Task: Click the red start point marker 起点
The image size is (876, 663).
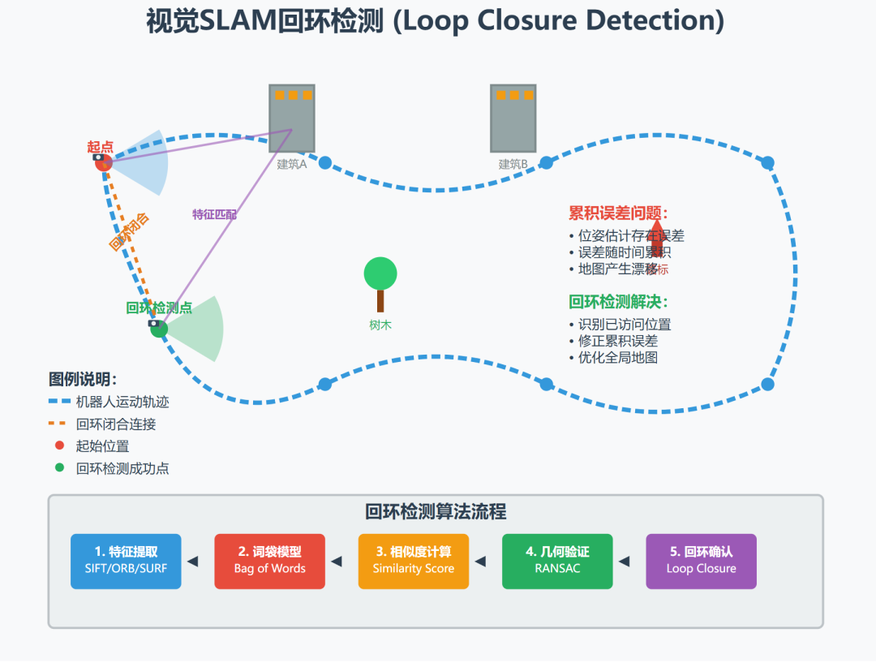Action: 103,163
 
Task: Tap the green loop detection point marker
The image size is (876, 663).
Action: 159,329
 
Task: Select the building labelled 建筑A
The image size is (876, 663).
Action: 292,118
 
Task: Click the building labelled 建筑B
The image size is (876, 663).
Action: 513,118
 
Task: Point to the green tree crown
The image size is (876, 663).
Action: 380,273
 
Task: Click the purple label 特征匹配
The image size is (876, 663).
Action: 214,214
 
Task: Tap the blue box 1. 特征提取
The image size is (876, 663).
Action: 126,561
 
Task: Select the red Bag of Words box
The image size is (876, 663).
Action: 269,561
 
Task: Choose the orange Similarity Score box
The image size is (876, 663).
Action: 414,561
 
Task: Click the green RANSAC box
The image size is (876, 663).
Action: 557,561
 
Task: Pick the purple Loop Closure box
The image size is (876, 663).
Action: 701,561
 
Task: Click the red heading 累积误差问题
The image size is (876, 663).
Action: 618,213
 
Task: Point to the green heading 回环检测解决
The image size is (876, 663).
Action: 618,302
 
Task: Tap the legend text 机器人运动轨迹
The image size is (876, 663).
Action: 122,402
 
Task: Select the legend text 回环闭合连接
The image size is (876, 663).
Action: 116,424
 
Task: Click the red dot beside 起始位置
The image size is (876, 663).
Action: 59,446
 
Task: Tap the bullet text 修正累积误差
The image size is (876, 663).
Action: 618,341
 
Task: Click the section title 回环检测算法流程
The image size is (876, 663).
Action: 436,512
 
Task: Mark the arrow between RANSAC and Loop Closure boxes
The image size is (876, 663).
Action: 624,561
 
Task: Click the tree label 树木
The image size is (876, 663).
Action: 380,325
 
